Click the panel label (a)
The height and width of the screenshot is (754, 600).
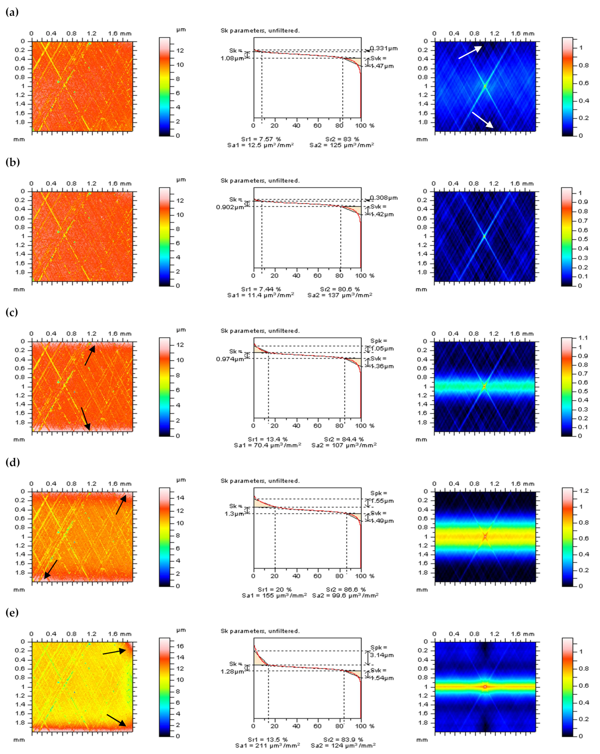click(12, 12)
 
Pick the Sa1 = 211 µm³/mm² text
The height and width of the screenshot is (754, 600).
click(268, 746)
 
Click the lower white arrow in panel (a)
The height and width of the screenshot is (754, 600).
click(483, 120)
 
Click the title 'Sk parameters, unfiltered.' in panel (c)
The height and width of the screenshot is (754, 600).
click(260, 331)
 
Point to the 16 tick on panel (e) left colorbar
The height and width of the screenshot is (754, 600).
click(180, 646)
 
